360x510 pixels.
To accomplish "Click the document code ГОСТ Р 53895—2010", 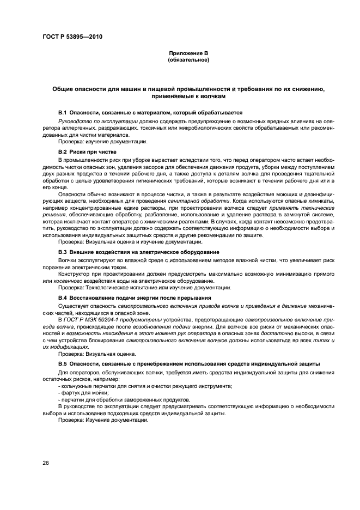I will (x=72, y=37).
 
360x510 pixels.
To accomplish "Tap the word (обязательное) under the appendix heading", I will (x=188, y=59).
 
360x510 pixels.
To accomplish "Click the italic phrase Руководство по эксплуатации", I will (x=91, y=120).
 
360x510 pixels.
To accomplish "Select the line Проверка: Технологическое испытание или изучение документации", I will (x=144, y=287).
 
